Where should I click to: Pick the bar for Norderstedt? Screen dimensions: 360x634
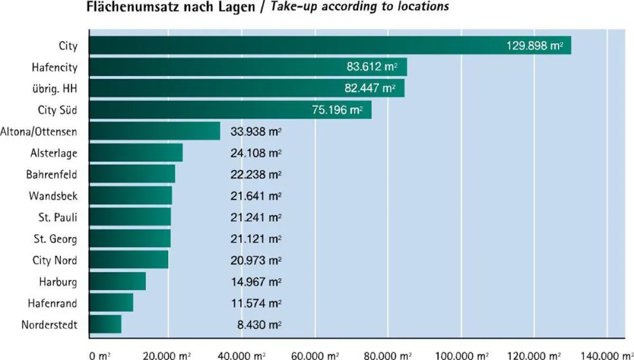coord(105,324)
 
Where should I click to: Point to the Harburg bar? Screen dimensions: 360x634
coord(117,281)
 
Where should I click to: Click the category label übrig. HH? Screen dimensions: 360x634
coord(54,89)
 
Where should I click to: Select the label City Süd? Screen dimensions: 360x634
coord(58,110)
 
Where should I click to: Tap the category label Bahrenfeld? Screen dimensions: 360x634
coord(52,174)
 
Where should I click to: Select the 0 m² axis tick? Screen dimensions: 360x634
coord(99,355)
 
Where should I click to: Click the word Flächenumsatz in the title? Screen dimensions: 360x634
coord(122,7)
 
